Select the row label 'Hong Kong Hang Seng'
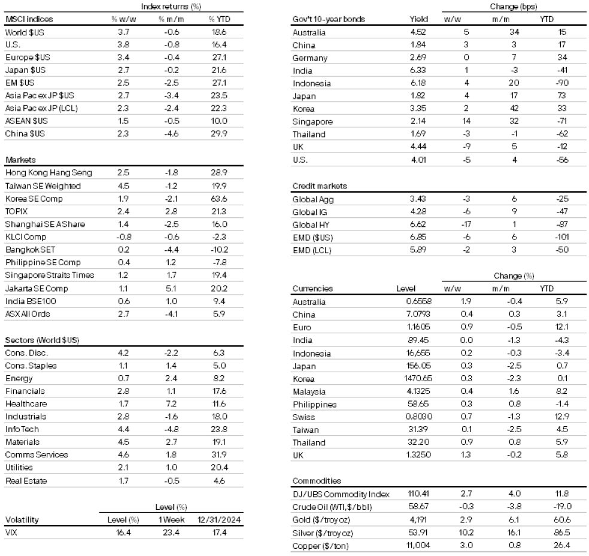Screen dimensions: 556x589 click(48, 173)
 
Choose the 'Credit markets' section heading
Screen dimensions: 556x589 click(320, 186)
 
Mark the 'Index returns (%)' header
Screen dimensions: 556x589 click(169, 6)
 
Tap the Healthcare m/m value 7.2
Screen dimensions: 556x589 click(169, 404)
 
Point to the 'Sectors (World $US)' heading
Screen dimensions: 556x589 click(42, 340)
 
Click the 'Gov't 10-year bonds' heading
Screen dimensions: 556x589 click(327, 19)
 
